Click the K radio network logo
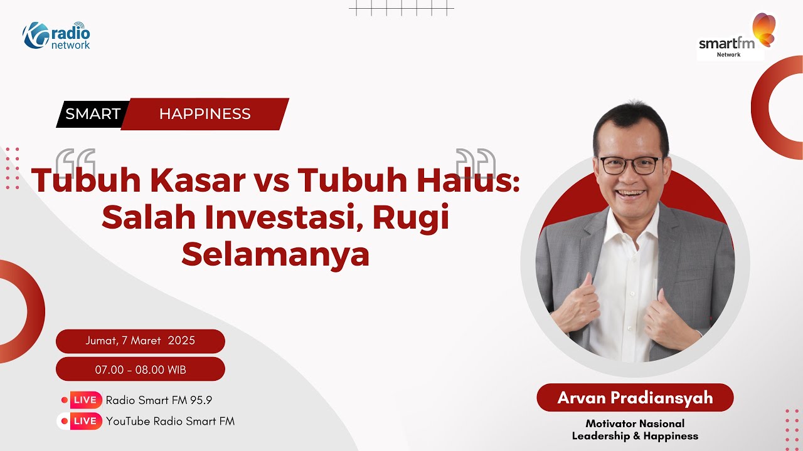point(57,36)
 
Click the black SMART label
point(93,114)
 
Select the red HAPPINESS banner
point(205,114)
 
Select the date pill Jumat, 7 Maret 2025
point(141,341)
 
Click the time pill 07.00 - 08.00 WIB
point(141,370)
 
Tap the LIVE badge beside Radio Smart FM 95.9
point(85,400)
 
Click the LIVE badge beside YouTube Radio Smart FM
point(85,422)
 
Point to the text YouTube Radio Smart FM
point(170,422)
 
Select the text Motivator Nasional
point(635,424)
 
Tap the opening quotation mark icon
point(75,162)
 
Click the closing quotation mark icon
point(475,162)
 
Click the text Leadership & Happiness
point(635,436)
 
